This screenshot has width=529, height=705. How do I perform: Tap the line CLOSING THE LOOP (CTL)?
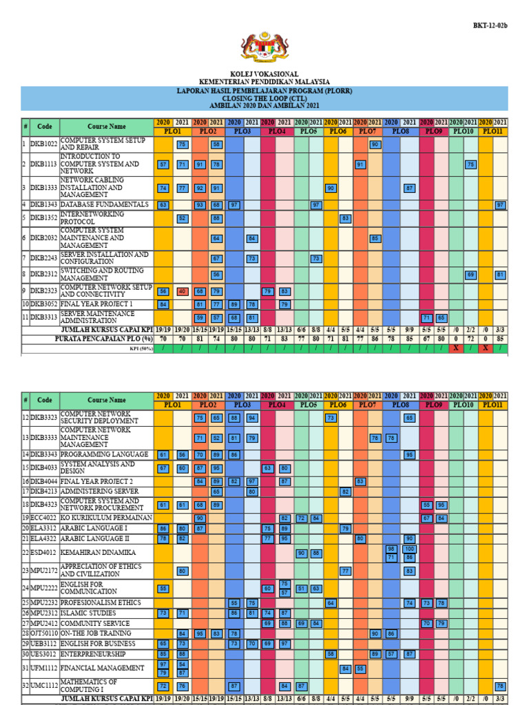tap(264, 98)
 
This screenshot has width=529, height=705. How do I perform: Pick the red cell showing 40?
tap(183, 291)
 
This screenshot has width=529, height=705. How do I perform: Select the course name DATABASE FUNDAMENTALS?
tap(104, 205)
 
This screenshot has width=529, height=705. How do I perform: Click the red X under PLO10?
tap(455, 349)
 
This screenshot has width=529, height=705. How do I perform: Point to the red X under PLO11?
tap(486, 349)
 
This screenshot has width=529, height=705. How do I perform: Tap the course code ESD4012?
tap(45, 552)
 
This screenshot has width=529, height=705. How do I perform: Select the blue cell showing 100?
tap(410, 548)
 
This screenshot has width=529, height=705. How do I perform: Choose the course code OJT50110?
tap(45, 633)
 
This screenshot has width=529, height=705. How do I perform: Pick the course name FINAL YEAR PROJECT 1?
tap(96, 304)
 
